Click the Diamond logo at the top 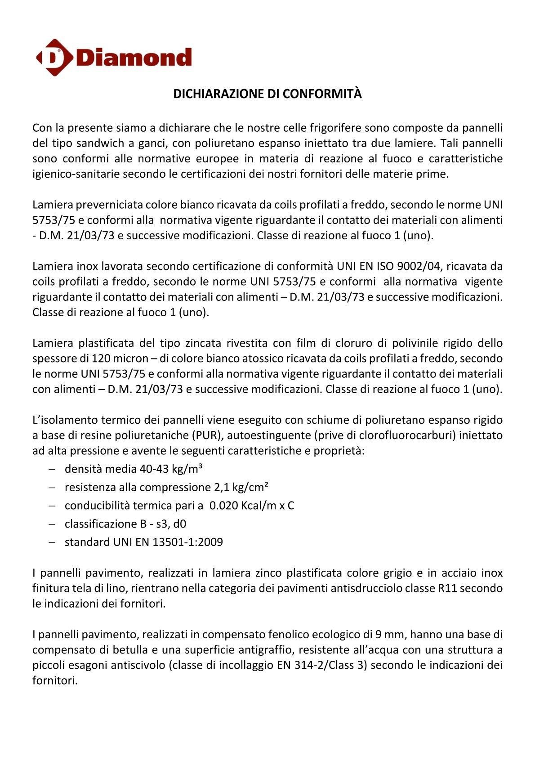114,58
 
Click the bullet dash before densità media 52,469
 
